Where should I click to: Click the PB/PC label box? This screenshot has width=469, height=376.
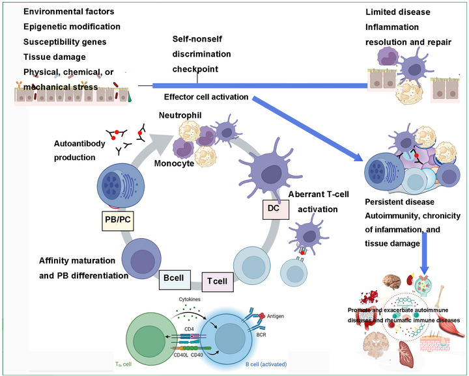(118, 220)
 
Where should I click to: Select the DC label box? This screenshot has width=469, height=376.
(276, 209)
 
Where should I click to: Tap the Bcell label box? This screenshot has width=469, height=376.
(175, 279)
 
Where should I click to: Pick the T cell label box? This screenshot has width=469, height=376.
(218, 282)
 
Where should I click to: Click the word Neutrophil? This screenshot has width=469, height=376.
(180, 115)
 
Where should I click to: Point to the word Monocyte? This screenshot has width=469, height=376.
(174, 163)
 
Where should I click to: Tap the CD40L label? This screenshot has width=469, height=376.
(181, 355)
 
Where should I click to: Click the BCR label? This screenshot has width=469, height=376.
(261, 335)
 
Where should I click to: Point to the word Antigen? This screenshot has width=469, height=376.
(276, 316)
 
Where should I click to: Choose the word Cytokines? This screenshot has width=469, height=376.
(190, 299)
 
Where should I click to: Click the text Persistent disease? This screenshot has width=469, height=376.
(399, 202)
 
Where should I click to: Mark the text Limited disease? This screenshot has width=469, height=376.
(398, 12)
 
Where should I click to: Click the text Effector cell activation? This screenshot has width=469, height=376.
(206, 97)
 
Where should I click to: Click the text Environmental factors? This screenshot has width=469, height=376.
(69, 12)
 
